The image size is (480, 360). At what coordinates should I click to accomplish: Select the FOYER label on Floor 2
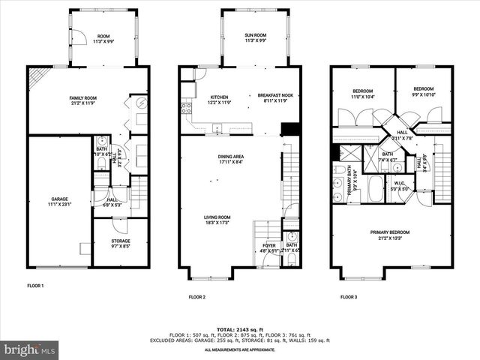(268, 247)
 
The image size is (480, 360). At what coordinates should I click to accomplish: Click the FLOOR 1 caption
(35, 286)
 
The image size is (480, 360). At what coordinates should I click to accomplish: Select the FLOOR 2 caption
(197, 297)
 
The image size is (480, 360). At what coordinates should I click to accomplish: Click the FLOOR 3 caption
(348, 297)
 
